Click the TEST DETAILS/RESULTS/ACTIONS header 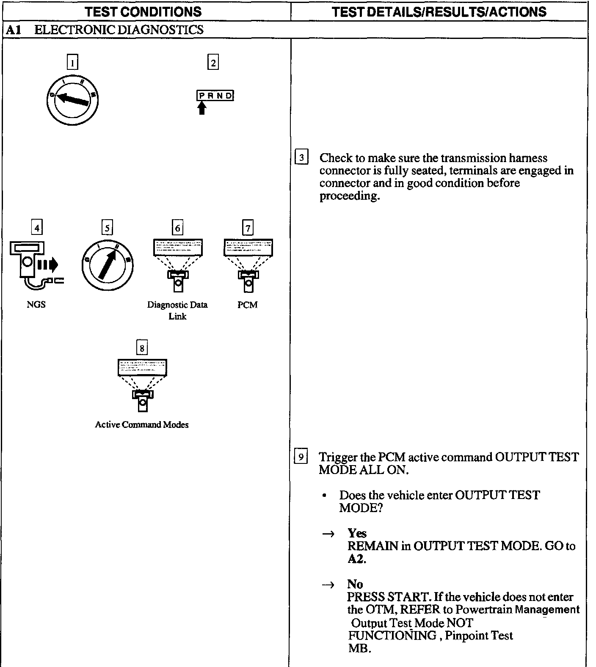pos(439,11)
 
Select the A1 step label pos(14,30)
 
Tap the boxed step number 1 pos(72,63)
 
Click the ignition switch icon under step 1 pos(72,100)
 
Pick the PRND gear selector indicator pos(215,96)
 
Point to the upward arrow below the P pos(202,108)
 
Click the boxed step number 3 pos(301,158)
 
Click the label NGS pos(36,305)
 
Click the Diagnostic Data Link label pos(177,310)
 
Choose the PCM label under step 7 pos(248,305)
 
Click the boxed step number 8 pos(142,348)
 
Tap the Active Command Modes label pos(142,424)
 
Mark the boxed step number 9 pos(301,457)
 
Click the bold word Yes pos(357,533)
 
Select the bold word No pos(355,584)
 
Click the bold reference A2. pos(356,559)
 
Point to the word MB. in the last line pos(359,648)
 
